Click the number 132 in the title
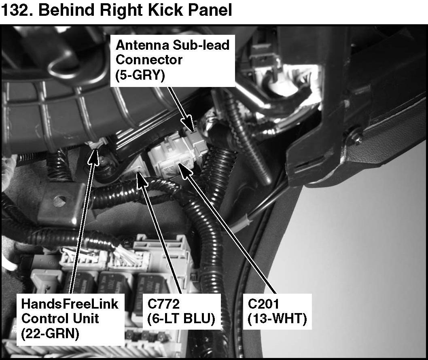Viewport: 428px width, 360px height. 17,10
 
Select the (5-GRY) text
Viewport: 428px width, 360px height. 140,75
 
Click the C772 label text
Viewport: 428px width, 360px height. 163,303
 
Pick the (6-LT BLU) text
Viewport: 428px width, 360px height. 181,318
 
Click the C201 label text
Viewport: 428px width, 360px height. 263,303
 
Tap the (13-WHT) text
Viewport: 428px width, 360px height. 278,318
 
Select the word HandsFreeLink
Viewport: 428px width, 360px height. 70,304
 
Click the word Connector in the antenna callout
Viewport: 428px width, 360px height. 149,60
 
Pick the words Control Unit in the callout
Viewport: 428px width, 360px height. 60,318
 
